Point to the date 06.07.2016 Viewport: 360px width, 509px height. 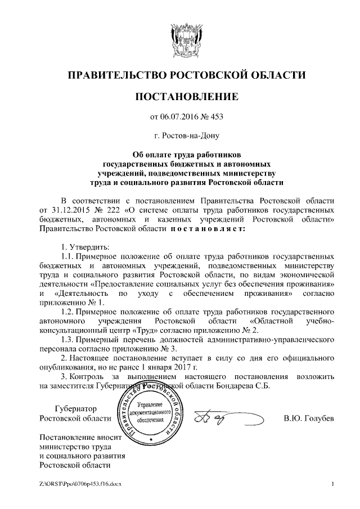183,117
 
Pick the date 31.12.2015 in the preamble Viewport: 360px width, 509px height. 64,210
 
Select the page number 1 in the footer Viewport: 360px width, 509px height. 333,484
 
